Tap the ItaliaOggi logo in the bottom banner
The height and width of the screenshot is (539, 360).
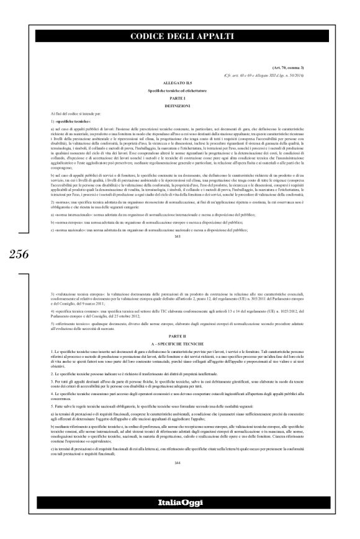click(x=180, y=518)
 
